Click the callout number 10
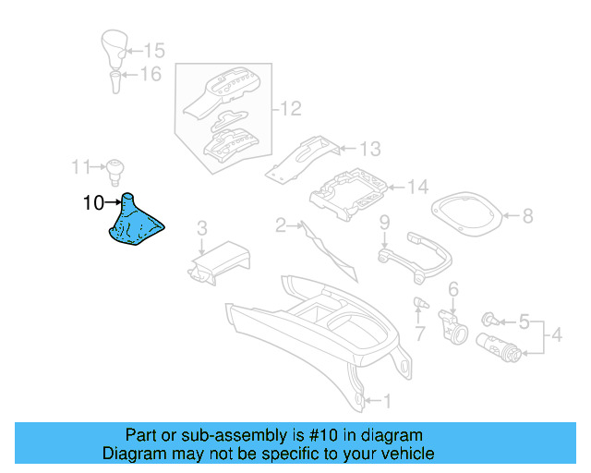click(x=93, y=202)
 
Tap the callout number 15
click(x=153, y=50)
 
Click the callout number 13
click(x=369, y=148)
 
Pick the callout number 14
click(x=418, y=188)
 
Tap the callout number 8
click(x=527, y=216)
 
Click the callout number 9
click(x=384, y=223)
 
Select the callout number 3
click(x=202, y=227)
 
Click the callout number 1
click(x=387, y=401)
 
